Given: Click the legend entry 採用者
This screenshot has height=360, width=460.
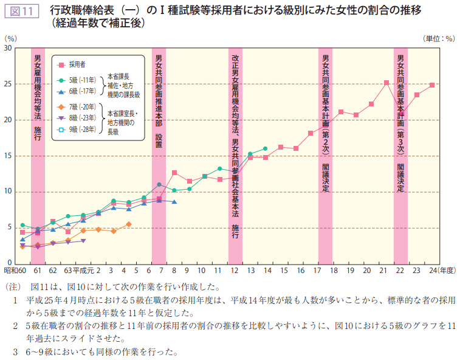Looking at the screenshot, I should pos(77,63).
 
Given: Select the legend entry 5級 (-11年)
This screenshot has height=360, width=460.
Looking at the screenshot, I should pos(81,80).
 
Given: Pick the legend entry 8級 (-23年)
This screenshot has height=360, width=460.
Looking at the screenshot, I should pos(81,117).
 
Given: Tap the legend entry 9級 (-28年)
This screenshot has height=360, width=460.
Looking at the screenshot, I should pos(81,129).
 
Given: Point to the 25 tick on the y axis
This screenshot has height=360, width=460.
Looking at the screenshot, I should pos(9,84).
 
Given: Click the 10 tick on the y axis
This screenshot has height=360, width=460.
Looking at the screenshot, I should pos(9,192).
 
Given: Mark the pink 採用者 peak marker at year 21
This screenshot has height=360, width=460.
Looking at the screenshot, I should pos(386,83).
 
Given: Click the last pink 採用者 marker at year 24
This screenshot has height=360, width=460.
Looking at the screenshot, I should pos(431,85).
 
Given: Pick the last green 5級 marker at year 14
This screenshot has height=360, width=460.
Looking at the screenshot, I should pos(265,148).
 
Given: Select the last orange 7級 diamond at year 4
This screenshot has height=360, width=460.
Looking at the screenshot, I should pos(129,224).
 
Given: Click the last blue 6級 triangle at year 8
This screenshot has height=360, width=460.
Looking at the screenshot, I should pos(174,202).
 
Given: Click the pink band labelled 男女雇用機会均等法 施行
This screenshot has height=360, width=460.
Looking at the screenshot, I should pos(38,155).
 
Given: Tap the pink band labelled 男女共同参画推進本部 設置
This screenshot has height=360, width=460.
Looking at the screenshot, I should pos(159,155).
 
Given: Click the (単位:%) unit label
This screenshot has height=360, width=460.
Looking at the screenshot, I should pos(438,38).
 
